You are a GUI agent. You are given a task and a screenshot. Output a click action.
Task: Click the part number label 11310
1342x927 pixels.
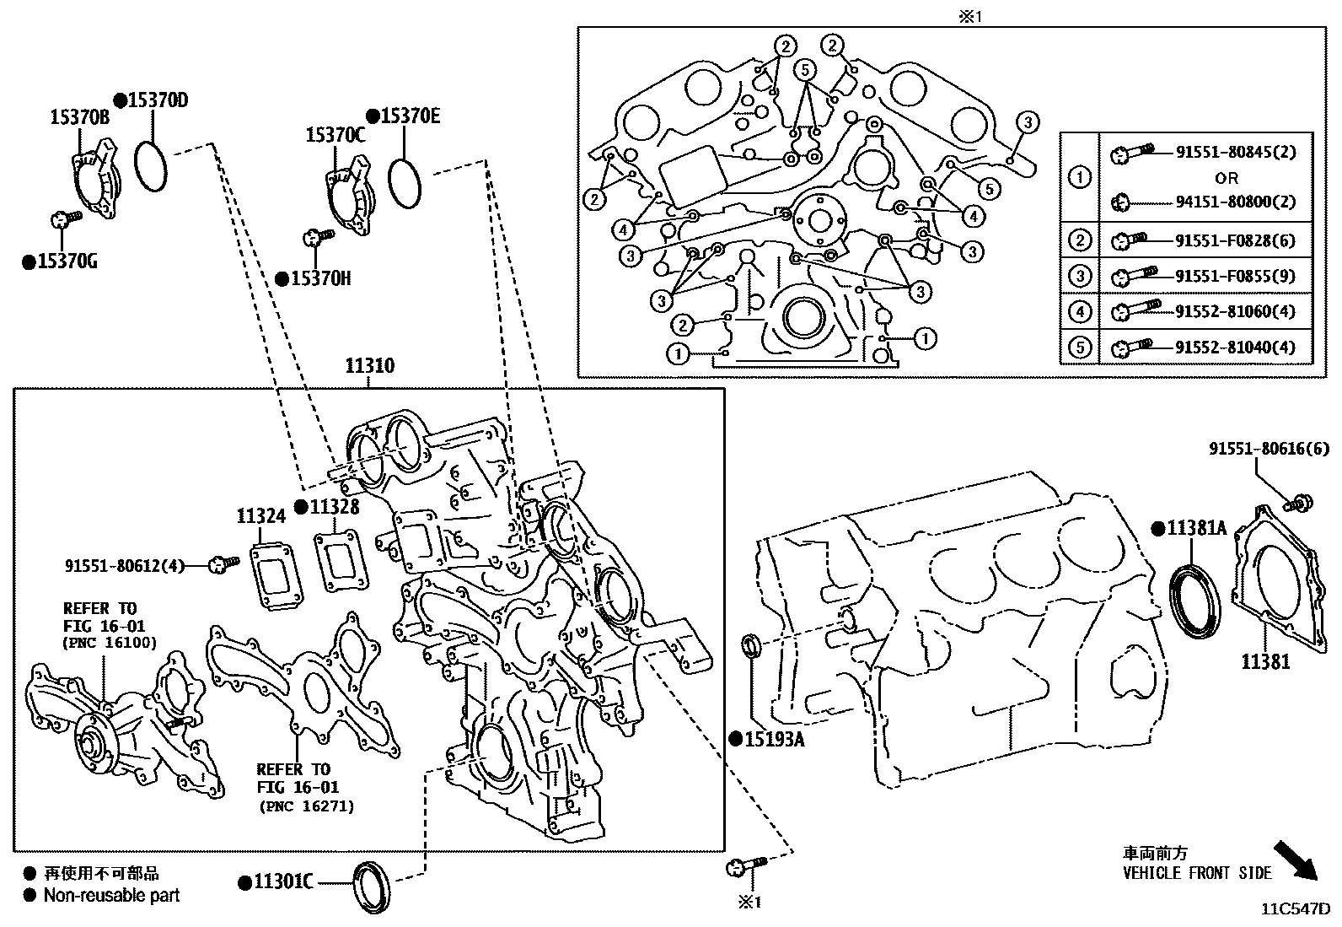click(x=370, y=365)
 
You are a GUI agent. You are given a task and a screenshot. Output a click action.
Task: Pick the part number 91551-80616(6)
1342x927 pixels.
click(x=1269, y=448)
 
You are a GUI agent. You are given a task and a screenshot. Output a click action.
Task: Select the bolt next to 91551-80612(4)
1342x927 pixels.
click(x=223, y=564)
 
